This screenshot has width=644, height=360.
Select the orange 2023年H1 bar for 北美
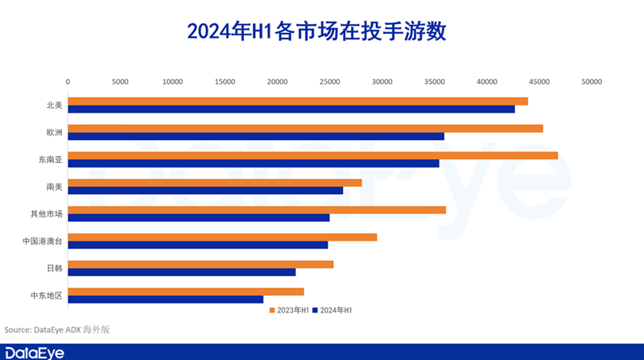point(297,101)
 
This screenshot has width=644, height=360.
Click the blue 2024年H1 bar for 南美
point(204,191)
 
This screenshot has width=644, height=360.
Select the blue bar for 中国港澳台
point(197,245)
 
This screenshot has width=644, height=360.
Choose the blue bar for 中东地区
point(165,300)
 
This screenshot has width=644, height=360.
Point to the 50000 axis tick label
point(592,81)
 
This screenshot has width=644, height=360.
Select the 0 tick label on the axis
point(68,81)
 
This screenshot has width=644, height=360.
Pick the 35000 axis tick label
point(435,81)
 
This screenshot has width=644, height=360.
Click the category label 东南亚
point(49,159)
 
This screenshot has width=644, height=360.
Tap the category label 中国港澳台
point(43,241)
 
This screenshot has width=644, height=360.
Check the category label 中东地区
point(46,295)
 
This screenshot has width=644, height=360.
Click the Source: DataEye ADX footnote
point(56,329)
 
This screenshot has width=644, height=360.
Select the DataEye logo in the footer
point(34,353)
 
